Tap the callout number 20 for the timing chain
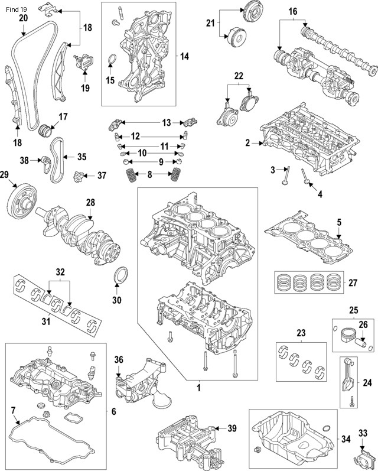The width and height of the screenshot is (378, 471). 23,18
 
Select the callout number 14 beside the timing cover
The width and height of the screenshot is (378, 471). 184,57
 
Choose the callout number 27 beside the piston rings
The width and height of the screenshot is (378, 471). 353,283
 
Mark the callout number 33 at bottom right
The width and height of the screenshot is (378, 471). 363,433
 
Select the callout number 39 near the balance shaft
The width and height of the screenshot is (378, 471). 232,428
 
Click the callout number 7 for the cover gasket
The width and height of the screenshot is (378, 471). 13,410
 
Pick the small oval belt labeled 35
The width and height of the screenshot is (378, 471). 56,160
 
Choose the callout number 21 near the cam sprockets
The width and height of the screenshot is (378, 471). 210,23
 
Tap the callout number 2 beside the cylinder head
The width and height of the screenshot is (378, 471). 248,142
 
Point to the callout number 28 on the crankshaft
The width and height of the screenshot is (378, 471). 90,203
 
